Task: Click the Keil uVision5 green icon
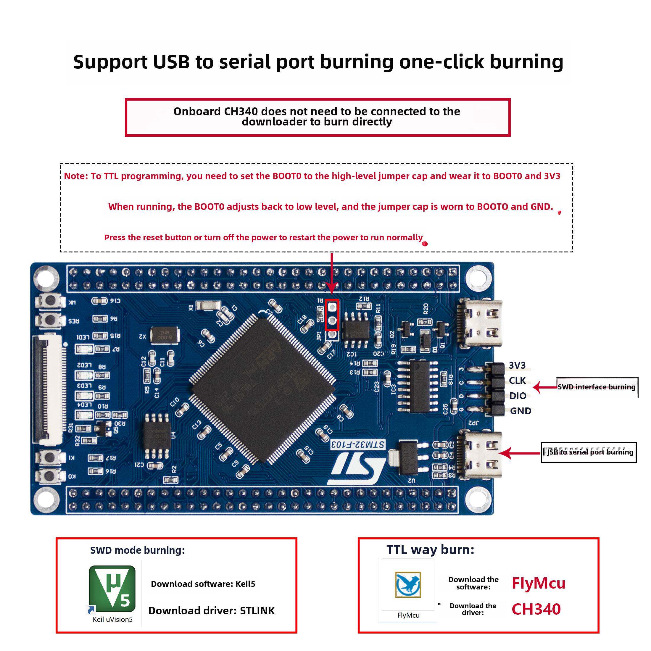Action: click(x=112, y=588)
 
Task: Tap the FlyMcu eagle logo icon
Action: click(x=408, y=584)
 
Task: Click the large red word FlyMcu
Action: click(x=538, y=583)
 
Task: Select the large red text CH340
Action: click(x=536, y=609)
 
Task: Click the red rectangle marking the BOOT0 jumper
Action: click(x=332, y=315)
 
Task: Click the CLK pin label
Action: click(x=517, y=381)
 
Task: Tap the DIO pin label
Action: click(x=518, y=396)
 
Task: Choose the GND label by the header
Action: click(x=520, y=411)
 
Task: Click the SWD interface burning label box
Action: click(x=597, y=387)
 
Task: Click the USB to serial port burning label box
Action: click(x=589, y=452)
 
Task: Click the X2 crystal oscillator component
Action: click(x=164, y=335)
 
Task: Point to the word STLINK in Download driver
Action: click(x=257, y=610)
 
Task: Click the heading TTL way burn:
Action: click(x=430, y=550)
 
